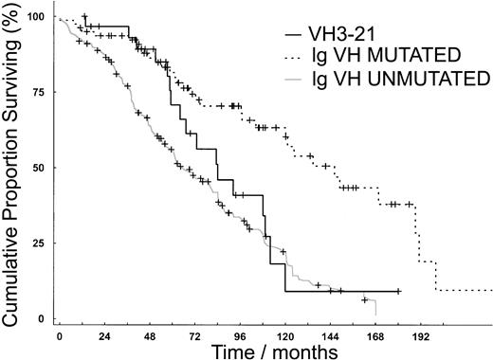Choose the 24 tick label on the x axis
point(104,336)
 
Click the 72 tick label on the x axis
point(194,336)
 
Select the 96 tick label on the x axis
point(240,336)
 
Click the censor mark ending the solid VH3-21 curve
point(399,292)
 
